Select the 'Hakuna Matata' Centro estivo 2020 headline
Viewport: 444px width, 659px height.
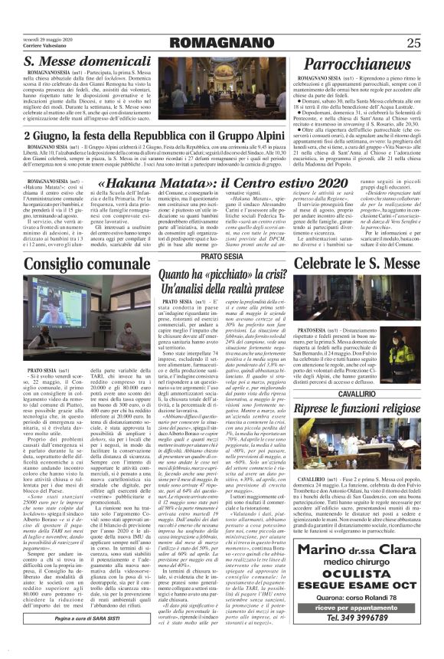pos(222,184)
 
